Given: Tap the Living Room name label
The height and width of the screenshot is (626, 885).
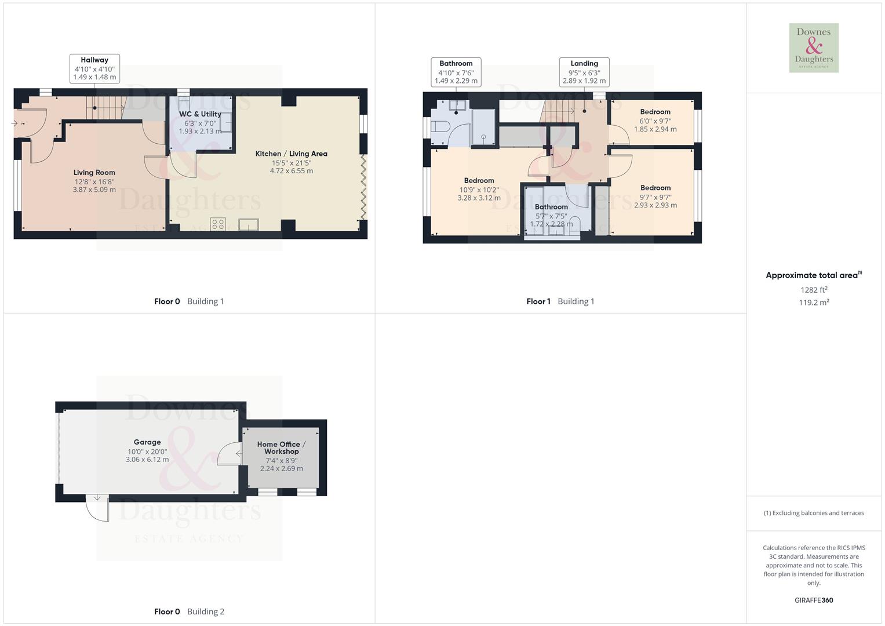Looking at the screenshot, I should click(x=94, y=172).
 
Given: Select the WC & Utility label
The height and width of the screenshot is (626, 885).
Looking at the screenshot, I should click(x=200, y=114).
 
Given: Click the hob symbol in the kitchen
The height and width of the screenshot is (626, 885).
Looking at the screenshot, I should click(x=218, y=224).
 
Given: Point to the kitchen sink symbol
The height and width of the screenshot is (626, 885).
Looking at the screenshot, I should click(x=248, y=224).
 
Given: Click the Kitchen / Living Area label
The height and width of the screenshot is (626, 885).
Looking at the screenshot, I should click(x=291, y=154).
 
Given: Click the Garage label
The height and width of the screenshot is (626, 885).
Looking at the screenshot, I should click(x=147, y=442).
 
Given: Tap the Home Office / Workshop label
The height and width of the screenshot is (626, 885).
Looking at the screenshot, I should click(x=281, y=447).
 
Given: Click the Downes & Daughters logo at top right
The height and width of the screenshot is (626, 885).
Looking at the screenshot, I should click(x=813, y=48).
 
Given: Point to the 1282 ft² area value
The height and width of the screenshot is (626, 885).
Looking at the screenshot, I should click(x=813, y=290).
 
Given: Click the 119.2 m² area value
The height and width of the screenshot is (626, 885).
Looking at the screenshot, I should click(x=813, y=303).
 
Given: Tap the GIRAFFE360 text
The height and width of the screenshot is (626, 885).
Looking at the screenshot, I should click(x=813, y=600).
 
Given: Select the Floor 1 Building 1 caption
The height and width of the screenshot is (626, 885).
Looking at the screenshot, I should click(x=560, y=301).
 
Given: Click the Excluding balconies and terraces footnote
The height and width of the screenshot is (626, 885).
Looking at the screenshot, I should click(x=813, y=513).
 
